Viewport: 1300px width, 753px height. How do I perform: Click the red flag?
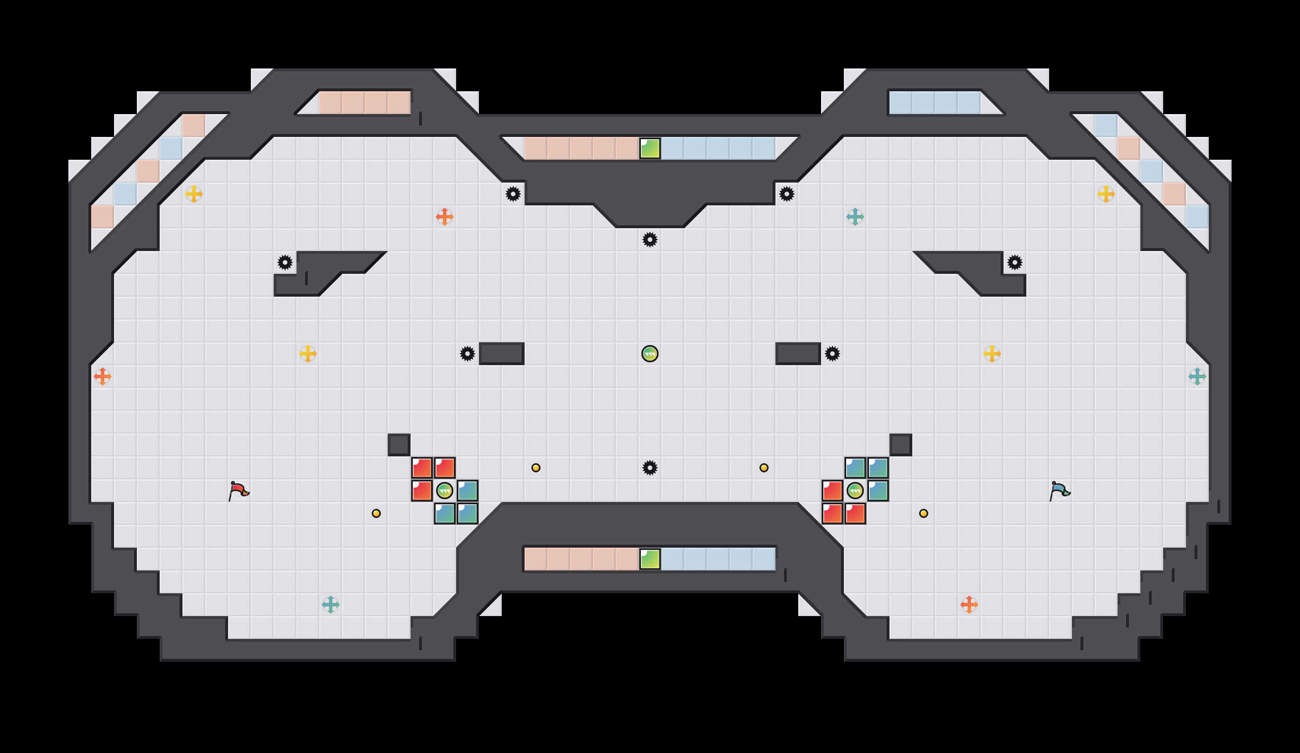point(238,491)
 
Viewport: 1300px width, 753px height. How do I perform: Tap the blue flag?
point(1059,491)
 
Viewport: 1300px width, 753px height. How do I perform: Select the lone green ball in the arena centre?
point(650,354)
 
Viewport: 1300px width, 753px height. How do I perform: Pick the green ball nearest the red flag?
point(445,491)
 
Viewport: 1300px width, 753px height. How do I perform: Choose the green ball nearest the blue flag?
point(855,491)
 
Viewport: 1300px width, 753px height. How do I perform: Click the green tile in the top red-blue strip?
point(650,148)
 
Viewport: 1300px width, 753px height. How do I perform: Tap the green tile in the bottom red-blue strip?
point(650,559)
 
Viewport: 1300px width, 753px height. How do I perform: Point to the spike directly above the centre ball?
point(650,240)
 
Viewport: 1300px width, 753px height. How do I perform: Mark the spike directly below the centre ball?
point(650,468)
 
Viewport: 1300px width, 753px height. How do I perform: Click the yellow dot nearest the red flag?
point(376,513)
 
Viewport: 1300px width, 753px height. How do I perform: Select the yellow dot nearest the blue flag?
point(924,513)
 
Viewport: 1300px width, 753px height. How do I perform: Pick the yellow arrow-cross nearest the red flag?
point(308,354)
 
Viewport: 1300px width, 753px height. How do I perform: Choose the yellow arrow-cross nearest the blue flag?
point(992,354)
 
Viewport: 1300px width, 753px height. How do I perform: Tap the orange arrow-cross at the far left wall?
point(103,376)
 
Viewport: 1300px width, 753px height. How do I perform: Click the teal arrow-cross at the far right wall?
point(1197,376)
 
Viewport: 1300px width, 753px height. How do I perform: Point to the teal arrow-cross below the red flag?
point(331,605)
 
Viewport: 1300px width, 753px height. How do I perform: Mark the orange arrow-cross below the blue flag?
point(969,605)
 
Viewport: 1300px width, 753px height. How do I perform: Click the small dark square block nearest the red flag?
point(399,445)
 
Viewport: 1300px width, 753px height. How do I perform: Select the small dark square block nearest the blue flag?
point(901,445)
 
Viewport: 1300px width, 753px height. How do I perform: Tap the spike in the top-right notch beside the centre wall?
point(787,194)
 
